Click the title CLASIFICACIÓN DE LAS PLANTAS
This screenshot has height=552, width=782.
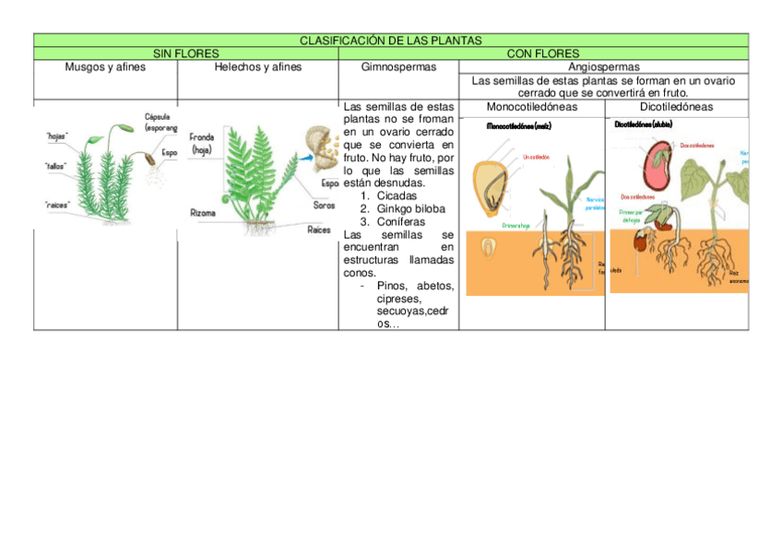391,41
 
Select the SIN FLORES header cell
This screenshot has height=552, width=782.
185,53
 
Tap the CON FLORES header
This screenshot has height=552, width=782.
543,53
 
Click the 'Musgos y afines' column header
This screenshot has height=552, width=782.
105,67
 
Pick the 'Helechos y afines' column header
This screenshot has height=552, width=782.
257,67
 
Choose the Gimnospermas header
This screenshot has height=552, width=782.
398,67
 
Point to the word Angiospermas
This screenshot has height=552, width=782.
604,67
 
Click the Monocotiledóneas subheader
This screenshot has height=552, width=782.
532,107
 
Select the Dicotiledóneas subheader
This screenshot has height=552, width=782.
676,107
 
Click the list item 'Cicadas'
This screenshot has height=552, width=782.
397,196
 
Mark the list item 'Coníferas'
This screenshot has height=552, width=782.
401,222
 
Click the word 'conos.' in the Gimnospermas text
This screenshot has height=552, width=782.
359,274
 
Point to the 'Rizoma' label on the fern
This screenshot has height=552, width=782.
203,214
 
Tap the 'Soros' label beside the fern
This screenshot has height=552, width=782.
325,206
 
